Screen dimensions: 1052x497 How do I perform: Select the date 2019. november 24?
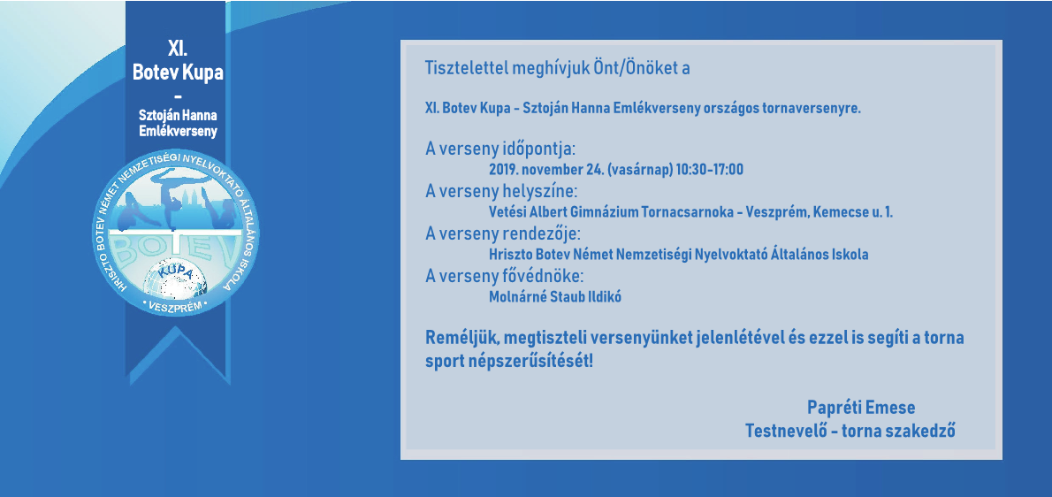click(x=545, y=170)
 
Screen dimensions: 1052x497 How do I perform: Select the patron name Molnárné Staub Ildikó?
click(x=555, y=297)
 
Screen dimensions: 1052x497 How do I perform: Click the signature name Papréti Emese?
click(x=861, y=407)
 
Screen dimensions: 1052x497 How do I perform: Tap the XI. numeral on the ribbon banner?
click(x=177, y=50)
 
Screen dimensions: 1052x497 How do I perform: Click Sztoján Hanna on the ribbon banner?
click(x=177, y=116)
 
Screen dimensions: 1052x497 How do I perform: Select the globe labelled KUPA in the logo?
click(x=177, y=279)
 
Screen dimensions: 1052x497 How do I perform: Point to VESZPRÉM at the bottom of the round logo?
click(x=175, y=305)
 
